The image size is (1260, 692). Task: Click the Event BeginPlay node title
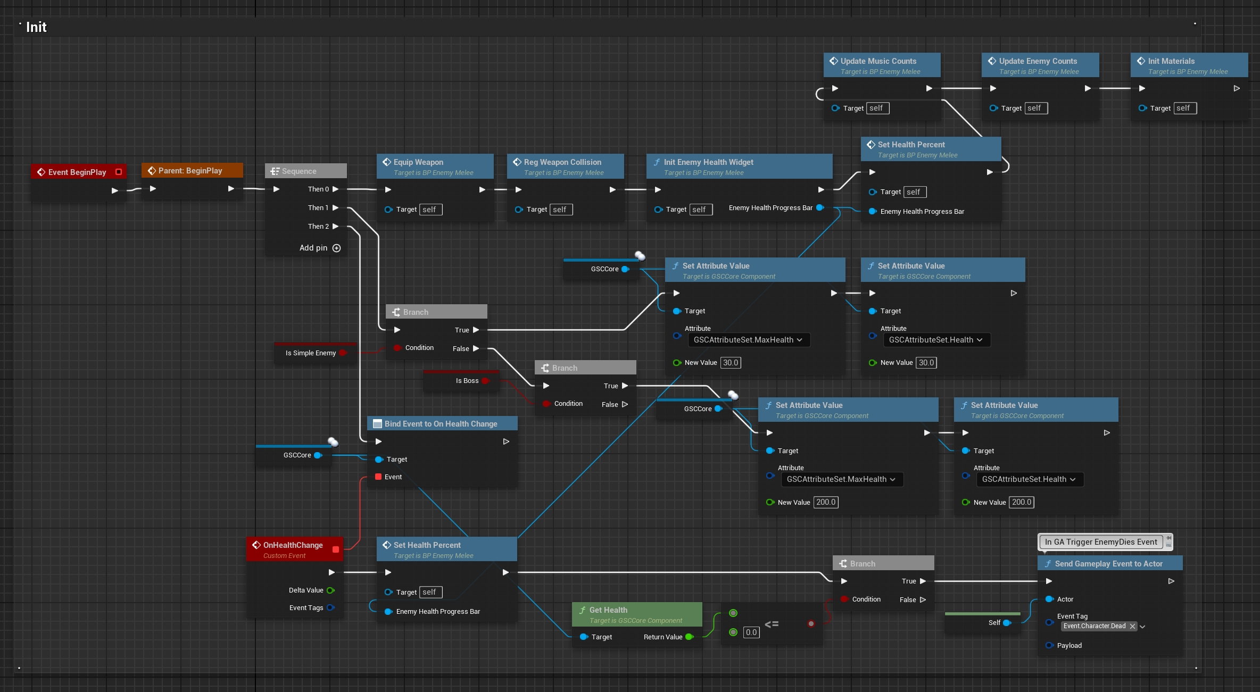77,172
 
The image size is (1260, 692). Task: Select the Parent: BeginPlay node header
192,170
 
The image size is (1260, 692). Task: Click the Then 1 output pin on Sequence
336,207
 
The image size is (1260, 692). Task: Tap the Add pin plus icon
336,248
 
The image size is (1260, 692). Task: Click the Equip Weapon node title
418,162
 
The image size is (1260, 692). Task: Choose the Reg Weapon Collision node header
565,166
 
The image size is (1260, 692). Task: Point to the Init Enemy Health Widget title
708,162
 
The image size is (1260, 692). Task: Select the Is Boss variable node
461,380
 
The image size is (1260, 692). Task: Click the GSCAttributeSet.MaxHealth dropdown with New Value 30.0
749,340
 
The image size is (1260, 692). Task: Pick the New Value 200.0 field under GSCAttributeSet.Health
1022,502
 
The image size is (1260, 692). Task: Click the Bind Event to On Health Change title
441,424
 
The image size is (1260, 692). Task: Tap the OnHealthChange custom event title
293,545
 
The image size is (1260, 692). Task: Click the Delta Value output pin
330,590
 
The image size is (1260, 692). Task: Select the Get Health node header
637,614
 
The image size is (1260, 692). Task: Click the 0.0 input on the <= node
751,632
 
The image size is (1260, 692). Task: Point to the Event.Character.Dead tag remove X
1132,627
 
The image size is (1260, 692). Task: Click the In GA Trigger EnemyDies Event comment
1101,542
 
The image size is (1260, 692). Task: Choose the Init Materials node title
1171,61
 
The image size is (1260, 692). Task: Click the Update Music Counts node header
882,65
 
